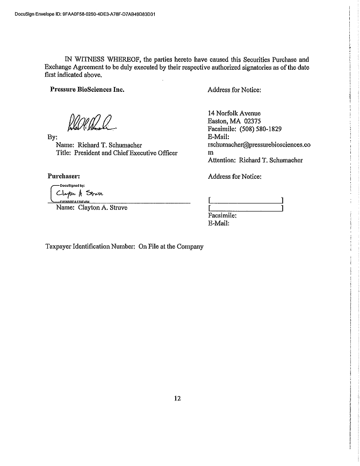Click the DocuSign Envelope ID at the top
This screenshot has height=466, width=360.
[x=85, y=14]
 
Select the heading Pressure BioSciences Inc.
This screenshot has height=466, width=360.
[x=87, y=90]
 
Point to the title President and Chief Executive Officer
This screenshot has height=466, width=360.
[x=117, y=153]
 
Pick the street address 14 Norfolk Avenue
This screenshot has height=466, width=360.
[x=234, y=113]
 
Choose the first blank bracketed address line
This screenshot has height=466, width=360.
[x=246, y=201]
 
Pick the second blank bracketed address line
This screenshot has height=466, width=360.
[x=246, y=208]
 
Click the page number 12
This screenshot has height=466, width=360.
[x=178, y=398]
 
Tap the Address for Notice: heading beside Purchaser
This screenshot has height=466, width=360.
[x=234, y=176]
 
